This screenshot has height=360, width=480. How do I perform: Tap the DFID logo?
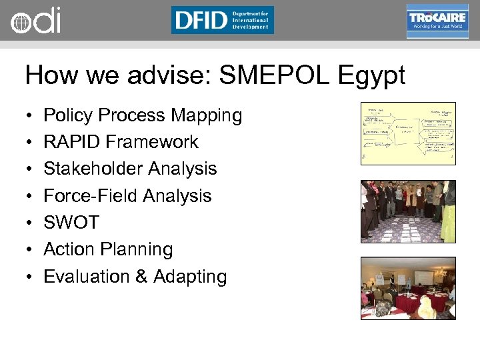222,20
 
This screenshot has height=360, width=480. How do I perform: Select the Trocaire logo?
437,21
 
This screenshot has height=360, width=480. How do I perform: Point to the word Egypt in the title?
373,76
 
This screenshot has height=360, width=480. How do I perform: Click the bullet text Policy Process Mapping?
143,115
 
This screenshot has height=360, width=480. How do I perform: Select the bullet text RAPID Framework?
121,142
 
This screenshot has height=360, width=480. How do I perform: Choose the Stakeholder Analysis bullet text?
130,169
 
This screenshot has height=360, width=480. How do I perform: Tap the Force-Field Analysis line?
127,196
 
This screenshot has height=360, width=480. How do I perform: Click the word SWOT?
71,223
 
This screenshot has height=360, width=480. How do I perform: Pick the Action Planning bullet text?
108,249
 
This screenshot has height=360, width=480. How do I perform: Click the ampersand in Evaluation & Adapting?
141,277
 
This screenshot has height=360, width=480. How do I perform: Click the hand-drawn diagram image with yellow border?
408,133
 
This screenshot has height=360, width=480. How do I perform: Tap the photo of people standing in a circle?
408,211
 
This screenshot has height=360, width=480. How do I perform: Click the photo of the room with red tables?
408,288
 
